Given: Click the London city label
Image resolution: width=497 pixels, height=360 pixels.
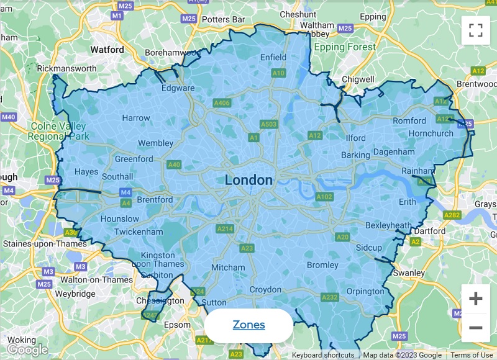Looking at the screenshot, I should pyautogui.click(x=248, y=181).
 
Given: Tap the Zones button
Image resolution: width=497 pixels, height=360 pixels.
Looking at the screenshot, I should pyautogui.click(x=248, y=325).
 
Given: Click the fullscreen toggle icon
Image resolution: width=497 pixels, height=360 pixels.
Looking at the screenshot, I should pyautogui.click(x=475, y=30).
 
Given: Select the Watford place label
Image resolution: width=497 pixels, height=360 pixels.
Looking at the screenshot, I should pyautogui.click(x=107, y=48).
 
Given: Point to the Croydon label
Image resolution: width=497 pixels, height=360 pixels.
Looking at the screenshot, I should pyautogui.click(x=265, y=290).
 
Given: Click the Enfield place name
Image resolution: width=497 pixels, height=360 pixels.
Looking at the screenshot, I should pyautogui.click(x=273, y=58).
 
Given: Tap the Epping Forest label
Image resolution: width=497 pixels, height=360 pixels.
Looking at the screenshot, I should pyautogui.click(x=345, y=47).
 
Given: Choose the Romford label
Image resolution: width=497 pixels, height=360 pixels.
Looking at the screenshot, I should pyautogui.click(x=409, y=120).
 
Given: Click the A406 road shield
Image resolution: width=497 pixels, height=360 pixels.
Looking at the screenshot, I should pyautogui.click(x=221, y=103).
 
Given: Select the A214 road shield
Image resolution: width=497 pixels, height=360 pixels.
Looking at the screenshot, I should pyautogui.click(x=225, y=229).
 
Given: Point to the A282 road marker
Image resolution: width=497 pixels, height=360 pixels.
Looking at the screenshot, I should pyautogui.click(x=452, y=215).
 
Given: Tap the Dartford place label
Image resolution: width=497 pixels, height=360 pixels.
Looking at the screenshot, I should pyautogui.click(x=429, y=232).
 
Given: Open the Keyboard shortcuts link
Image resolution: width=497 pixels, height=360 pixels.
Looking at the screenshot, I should pyautogui.click(x=323, y=356).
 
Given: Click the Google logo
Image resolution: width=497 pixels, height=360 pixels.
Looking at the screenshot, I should pyautogui.click(x=27, y=350).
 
